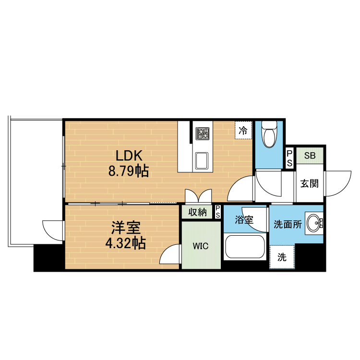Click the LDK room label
[x=129, y=156]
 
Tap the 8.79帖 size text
[x=129, y=170]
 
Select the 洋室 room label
[x=126, y=228]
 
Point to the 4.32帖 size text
[x=126, y=243]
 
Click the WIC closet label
[x=201, y=246]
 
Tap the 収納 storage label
[x=197, y=212]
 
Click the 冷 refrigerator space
[x=243, y=131]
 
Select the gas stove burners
[x=203, y=133]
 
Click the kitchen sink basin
[x=202, y=160]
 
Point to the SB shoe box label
[x=310, y=156]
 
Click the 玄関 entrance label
[x=310, y=183]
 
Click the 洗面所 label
[x=288, y=224]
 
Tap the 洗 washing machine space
[x=282, y=257]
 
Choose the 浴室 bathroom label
[x=244, y=220]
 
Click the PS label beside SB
[x=289, y=158]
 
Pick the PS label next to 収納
[x=217, y=212]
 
